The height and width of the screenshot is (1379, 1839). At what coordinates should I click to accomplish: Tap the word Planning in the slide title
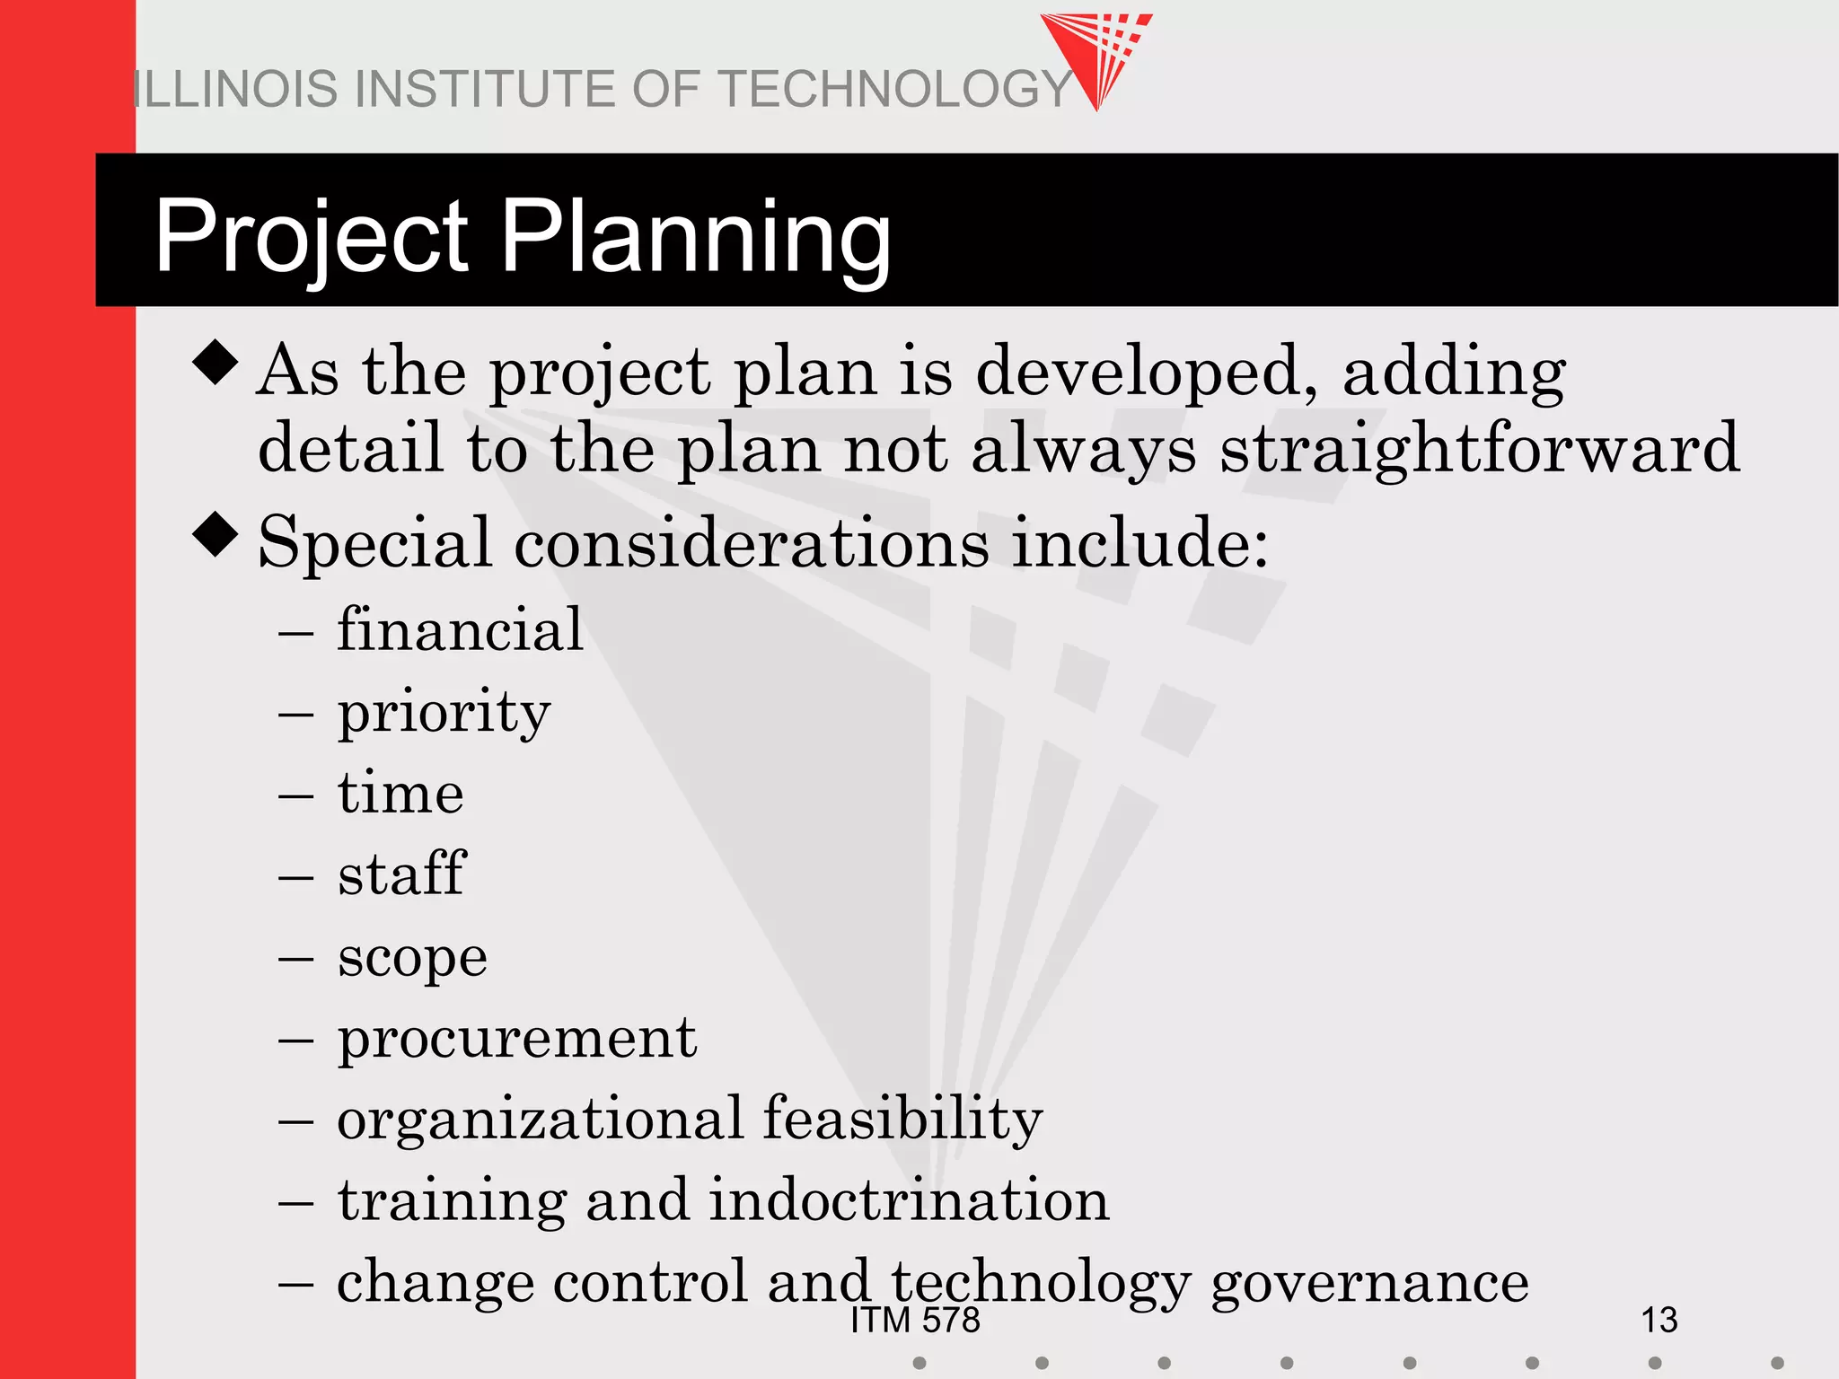(x=694, y=237)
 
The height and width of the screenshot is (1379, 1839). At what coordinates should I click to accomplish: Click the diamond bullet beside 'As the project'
(x=216, y=362)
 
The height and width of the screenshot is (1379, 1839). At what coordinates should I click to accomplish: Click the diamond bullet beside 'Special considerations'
(x=216, y=534)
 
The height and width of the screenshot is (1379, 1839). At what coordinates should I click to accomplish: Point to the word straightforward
(x=1479, y=449)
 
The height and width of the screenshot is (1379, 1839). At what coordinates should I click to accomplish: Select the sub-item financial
(x=460, y=629)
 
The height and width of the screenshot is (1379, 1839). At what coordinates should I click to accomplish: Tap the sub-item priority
(x=444, y=713)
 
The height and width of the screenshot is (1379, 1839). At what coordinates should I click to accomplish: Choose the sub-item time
(x=400, y=794)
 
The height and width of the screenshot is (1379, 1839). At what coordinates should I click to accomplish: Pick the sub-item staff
(x=401, y=874)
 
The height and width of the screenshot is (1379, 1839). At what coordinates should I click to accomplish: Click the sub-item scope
(x=412, y=957)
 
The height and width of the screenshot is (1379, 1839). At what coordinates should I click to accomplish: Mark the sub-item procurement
(x=516, y=1040)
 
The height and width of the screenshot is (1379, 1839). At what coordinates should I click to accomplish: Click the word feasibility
(x=902, y=1120)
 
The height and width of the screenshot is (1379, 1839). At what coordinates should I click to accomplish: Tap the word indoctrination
(x=909, y=1201)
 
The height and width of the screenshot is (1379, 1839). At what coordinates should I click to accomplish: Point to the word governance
(x=1369, y=1282)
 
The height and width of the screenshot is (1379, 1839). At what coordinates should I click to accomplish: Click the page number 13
(x=1659, y=1320)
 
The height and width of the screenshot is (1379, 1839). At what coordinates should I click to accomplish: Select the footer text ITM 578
(x=915, y=1321)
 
